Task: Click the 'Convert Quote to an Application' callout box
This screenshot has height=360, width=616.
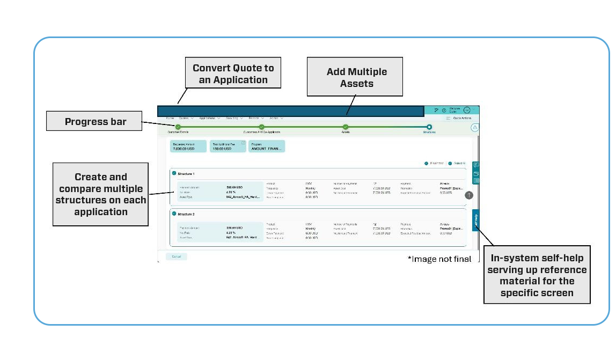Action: (x=233, y=74)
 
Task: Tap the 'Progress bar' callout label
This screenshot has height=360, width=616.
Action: (x=95, y=121)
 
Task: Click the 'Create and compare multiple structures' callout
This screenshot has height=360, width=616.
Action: (x=101, y=194)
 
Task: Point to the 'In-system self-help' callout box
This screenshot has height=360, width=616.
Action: (x=537, y=275)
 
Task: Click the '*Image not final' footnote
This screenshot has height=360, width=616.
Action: (x=439, y=259)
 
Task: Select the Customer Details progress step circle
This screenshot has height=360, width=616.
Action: (x=178, y=127)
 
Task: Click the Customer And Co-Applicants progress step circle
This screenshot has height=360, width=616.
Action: (x=262, y=127)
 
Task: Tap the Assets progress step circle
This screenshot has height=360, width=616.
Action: (x=346, y=127)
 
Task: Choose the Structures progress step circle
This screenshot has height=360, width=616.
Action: (x=429, y=127)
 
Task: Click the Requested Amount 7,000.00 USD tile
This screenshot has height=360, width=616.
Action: (x=188, y=146)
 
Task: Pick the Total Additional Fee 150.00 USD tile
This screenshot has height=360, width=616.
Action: (x=228, y=146)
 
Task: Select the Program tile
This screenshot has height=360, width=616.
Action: (x=267, y=146)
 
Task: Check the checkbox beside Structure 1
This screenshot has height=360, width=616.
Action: (x=174, y=173)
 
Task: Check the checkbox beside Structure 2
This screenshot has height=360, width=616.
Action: (x=174, y=214)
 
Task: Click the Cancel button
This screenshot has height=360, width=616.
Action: (x=177, y=256)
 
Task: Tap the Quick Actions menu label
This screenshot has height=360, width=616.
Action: (x=462, y=118)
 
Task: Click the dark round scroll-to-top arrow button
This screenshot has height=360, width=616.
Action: (x=469, y=195)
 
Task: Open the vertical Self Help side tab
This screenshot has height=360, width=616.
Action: (x=475, y=220)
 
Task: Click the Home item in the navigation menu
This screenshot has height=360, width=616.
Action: (x=170, y=118)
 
